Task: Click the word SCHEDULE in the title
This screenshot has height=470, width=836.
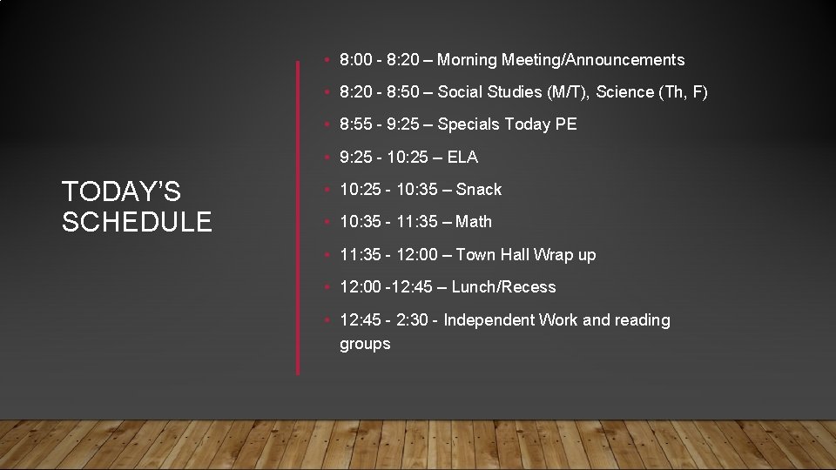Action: [137, 223]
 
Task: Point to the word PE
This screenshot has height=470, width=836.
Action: [566, 124]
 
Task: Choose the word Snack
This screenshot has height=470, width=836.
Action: [479, 190]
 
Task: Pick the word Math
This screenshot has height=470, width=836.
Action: [474, 222]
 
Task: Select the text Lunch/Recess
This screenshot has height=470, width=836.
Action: [503, 287]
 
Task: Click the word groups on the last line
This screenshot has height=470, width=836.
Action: [365, 344]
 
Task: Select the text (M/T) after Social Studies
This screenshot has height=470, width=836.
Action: [565, 92]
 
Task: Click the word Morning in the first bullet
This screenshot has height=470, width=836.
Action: [467, 60]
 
